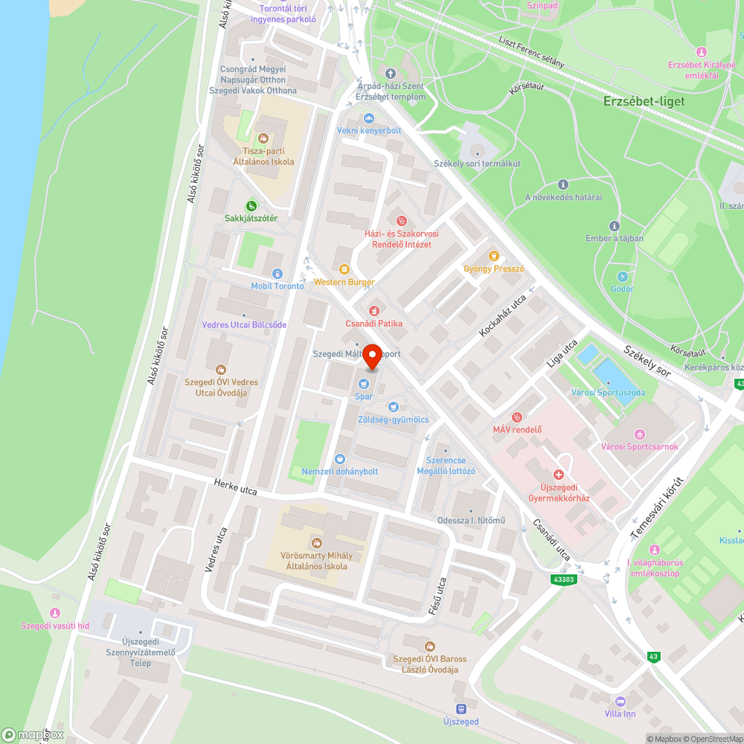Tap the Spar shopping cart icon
pyautogui.click(x=363, y=384)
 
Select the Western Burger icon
pyautogui.click(x=344, y=269)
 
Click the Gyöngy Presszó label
pyautogui.click(x=494, y=269)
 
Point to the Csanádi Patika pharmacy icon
pyautogui.click(x=373, y=310)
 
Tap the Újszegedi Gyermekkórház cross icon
pyautogui.click(x=558, y=474)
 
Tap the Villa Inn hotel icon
pyautogui.click(x=620, y=701)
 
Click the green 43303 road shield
pyautogui.click(x=565, y=579)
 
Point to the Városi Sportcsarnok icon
pyautogui.click(x=639, y=434)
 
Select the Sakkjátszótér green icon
pyautogui.click(x=251, y=205)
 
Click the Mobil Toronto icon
pyautogui.click(x=277, y=273)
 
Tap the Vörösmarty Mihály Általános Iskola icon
pyautogui.click(x=317, y=543)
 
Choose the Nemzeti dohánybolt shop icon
pyautogui.click(x=340, y=459)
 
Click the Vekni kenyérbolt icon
pyautogui.click(x=368, y=118)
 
